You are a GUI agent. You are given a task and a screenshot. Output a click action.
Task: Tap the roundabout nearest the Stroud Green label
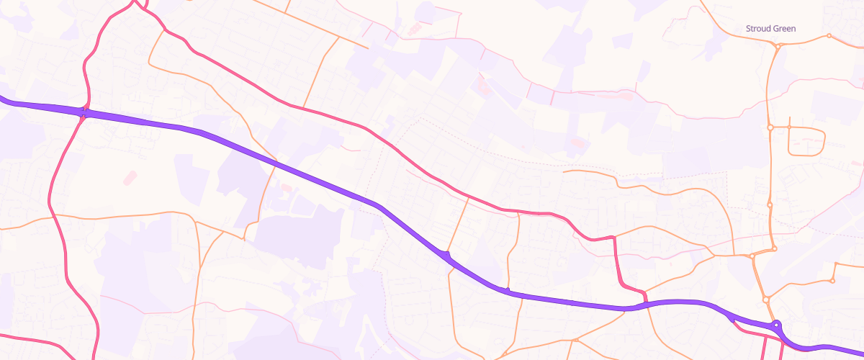[x=778, y=45]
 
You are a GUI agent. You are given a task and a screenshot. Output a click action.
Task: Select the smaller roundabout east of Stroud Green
[x=829, y=35]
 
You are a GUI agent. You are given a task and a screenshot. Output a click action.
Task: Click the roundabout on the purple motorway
[x=777, y=325]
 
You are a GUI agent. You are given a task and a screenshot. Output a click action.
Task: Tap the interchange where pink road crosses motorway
[x=84, y=114]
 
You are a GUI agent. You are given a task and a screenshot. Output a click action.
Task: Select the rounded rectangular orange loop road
[x=806, y=141]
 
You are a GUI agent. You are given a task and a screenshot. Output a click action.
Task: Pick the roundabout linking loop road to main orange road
[x=770, y=127]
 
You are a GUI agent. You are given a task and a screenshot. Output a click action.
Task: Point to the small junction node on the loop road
[x=789, y=127]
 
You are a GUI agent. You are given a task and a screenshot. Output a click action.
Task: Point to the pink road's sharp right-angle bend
[x=614, y=238]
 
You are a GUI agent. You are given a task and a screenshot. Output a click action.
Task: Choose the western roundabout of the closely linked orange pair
[x=752, y=256]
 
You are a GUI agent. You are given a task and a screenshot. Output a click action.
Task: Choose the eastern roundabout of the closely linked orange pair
[x=775, y=249]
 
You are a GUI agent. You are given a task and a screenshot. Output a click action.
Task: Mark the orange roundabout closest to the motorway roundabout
[x=766, y=299]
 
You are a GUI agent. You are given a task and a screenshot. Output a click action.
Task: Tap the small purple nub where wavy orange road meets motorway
[x=508, y=290]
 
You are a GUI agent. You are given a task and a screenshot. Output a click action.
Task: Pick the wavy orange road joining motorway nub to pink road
[x=513, y=248]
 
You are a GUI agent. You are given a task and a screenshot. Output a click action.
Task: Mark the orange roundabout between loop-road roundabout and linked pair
[x=770, y=205]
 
